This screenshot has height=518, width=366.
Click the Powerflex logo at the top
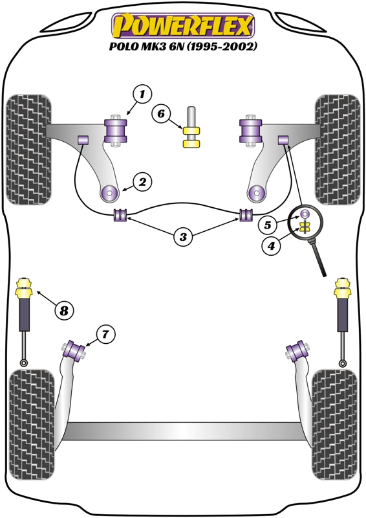coord(184,26)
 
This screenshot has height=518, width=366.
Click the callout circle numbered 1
coord(142,95)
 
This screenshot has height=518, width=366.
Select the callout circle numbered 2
coord(142,182)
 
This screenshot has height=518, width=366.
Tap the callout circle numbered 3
coord(183,236)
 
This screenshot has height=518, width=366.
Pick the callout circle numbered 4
coord(272,246)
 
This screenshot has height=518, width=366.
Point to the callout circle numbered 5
coord(267,225)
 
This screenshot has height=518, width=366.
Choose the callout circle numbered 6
coord(161,114)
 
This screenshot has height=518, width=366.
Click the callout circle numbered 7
coord(105,335)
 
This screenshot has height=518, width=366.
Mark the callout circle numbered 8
coord(64,310)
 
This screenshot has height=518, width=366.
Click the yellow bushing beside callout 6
coord(192,137)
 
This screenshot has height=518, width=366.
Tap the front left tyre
coord(29,150)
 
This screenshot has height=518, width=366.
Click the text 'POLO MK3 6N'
coord(147,46)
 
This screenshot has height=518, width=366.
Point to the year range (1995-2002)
coord(222,47)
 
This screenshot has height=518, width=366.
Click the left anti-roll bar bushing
coord(120,215)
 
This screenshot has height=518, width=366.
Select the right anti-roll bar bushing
coord(246,215)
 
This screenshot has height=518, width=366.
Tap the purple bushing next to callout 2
coord(109,192)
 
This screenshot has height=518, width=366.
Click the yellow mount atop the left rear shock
coord(24,287)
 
